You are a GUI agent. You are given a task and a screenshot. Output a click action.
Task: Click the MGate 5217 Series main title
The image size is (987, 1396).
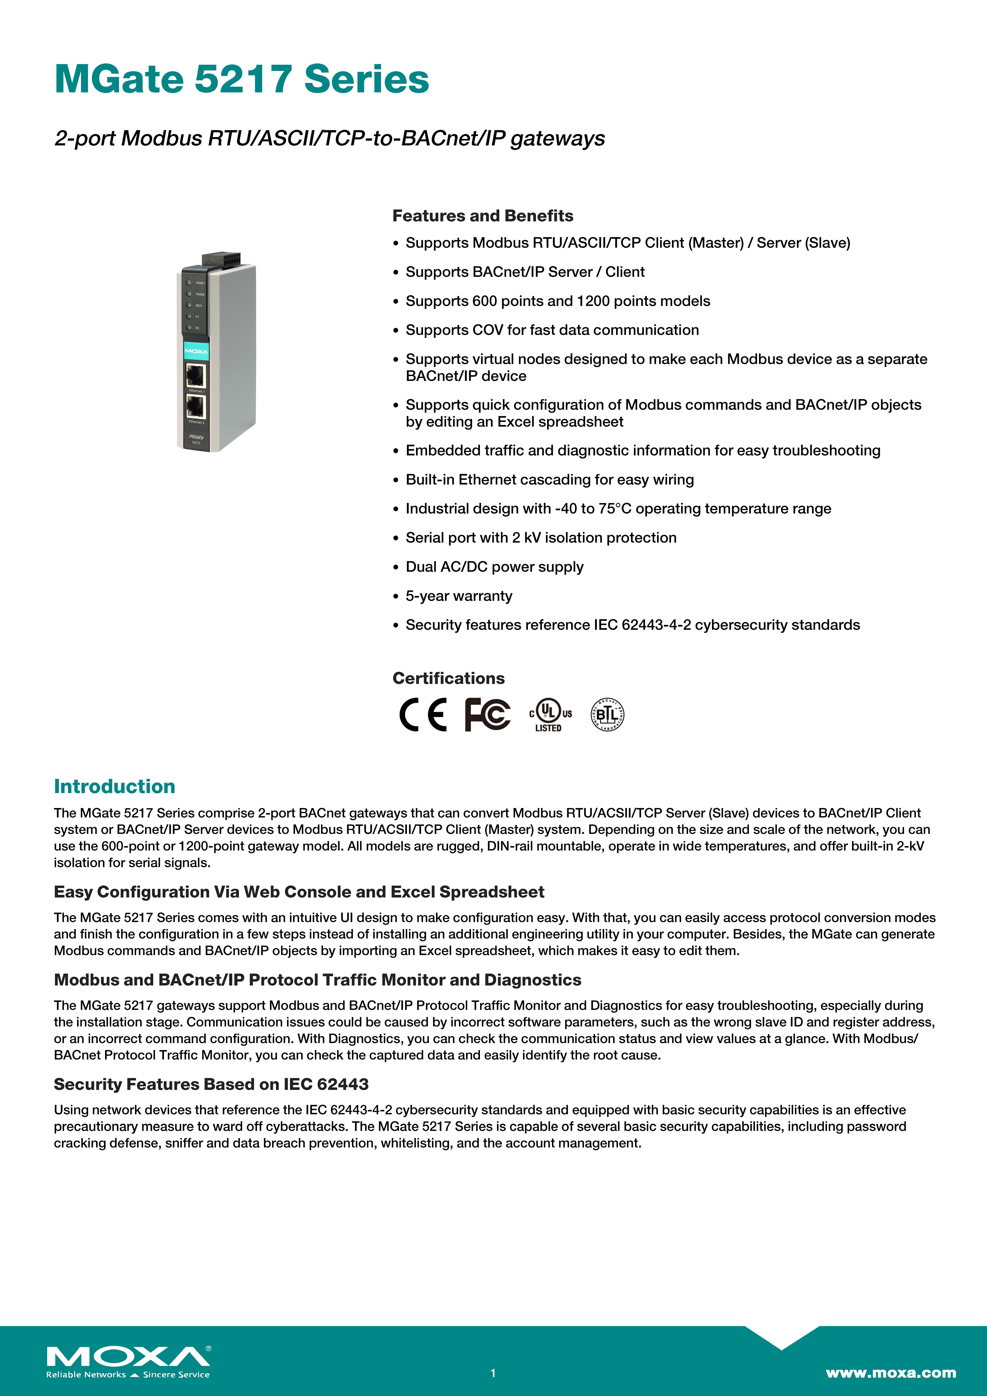point(242,80)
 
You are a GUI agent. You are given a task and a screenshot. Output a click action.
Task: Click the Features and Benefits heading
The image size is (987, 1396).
point(482,216)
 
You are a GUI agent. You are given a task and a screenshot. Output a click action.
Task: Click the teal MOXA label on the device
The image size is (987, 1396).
point(196,351)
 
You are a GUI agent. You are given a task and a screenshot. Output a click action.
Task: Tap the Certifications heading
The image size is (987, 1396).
point(448,679)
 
